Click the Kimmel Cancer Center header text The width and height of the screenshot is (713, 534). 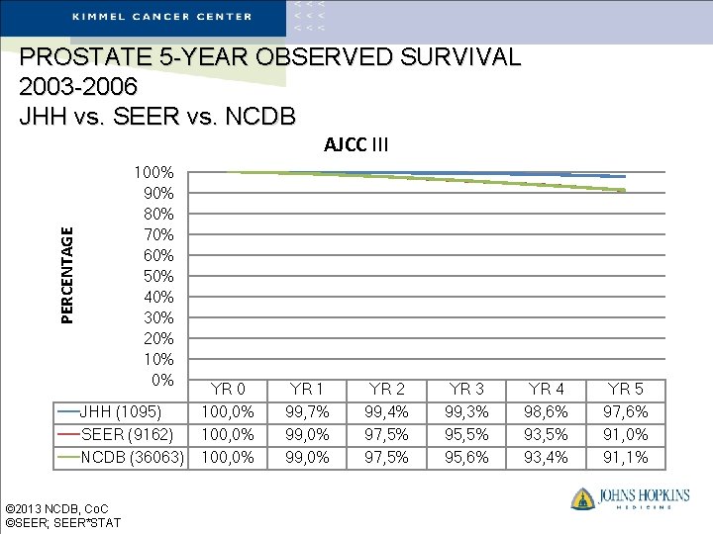162,16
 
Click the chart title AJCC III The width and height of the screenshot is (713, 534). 356,145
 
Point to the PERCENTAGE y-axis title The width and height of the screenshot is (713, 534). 67,274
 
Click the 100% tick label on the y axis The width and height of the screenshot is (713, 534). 153,172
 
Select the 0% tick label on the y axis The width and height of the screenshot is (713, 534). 161,380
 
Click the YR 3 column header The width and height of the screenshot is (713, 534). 465,389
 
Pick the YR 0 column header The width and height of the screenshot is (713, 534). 228,389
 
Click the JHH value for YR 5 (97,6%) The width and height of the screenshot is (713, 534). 625,411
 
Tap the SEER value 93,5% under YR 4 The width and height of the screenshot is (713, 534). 545,434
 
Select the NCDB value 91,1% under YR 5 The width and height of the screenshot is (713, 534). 625,457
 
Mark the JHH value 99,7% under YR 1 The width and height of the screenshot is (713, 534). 306,411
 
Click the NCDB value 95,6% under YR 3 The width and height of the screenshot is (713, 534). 465,457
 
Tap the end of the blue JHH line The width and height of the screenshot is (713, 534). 624,176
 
